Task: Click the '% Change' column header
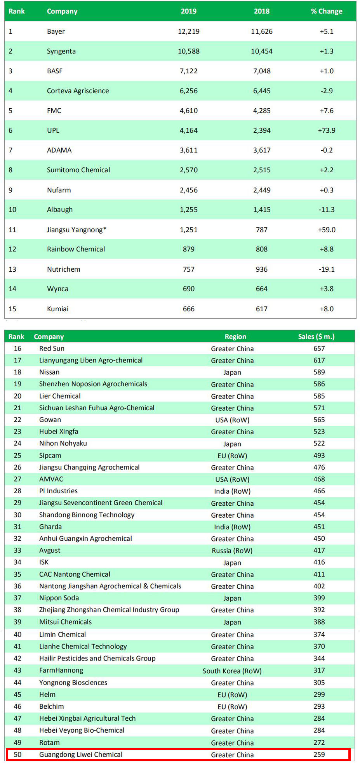[x=327, y=11]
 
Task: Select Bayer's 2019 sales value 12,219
[x=189, y=31]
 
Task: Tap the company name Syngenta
[x=61, y=51]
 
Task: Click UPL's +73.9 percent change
[x=327, y=130]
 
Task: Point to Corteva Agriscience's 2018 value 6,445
[x=262, y=91]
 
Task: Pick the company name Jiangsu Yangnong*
[x=77, y=230]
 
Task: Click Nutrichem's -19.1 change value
[x=327, y=269]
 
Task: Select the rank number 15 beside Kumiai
[x=12, y=309]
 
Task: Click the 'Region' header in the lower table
[x=235, y=336]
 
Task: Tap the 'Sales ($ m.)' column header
[x=316, y=336]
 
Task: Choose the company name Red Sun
[x=52, y=349]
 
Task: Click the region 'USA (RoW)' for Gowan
[x=232, y=420]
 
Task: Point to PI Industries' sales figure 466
[x=319, y=491]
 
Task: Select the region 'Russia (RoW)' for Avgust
[x=232, y=551]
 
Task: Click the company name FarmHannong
[x=61, y=670]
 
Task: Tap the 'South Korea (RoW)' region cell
[x=232, y=671]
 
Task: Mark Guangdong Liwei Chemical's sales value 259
[x=319, y=754]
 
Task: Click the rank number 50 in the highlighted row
[x=17, y=754]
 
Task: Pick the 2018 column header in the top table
[x=262, y=11]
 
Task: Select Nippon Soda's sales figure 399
[x=319, y=598]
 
